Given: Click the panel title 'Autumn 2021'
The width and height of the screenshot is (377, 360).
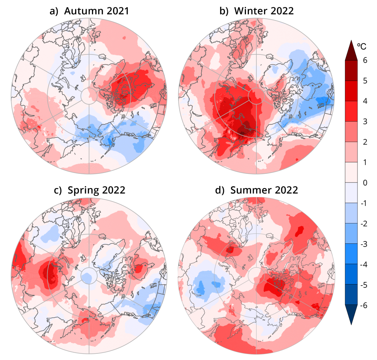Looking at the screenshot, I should click(96, 11).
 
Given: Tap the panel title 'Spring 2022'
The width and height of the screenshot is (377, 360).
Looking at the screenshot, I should click(96, 190).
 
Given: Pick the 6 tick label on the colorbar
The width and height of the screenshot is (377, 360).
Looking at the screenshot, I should click(364, 61).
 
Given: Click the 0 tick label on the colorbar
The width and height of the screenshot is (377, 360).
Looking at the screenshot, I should click(364, 183).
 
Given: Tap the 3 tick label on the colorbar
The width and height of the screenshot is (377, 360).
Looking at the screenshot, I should click(364, 122).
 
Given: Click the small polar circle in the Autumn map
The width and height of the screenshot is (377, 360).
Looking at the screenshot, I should click(89, 96).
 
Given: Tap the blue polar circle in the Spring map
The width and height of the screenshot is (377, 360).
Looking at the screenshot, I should click(89, 275).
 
